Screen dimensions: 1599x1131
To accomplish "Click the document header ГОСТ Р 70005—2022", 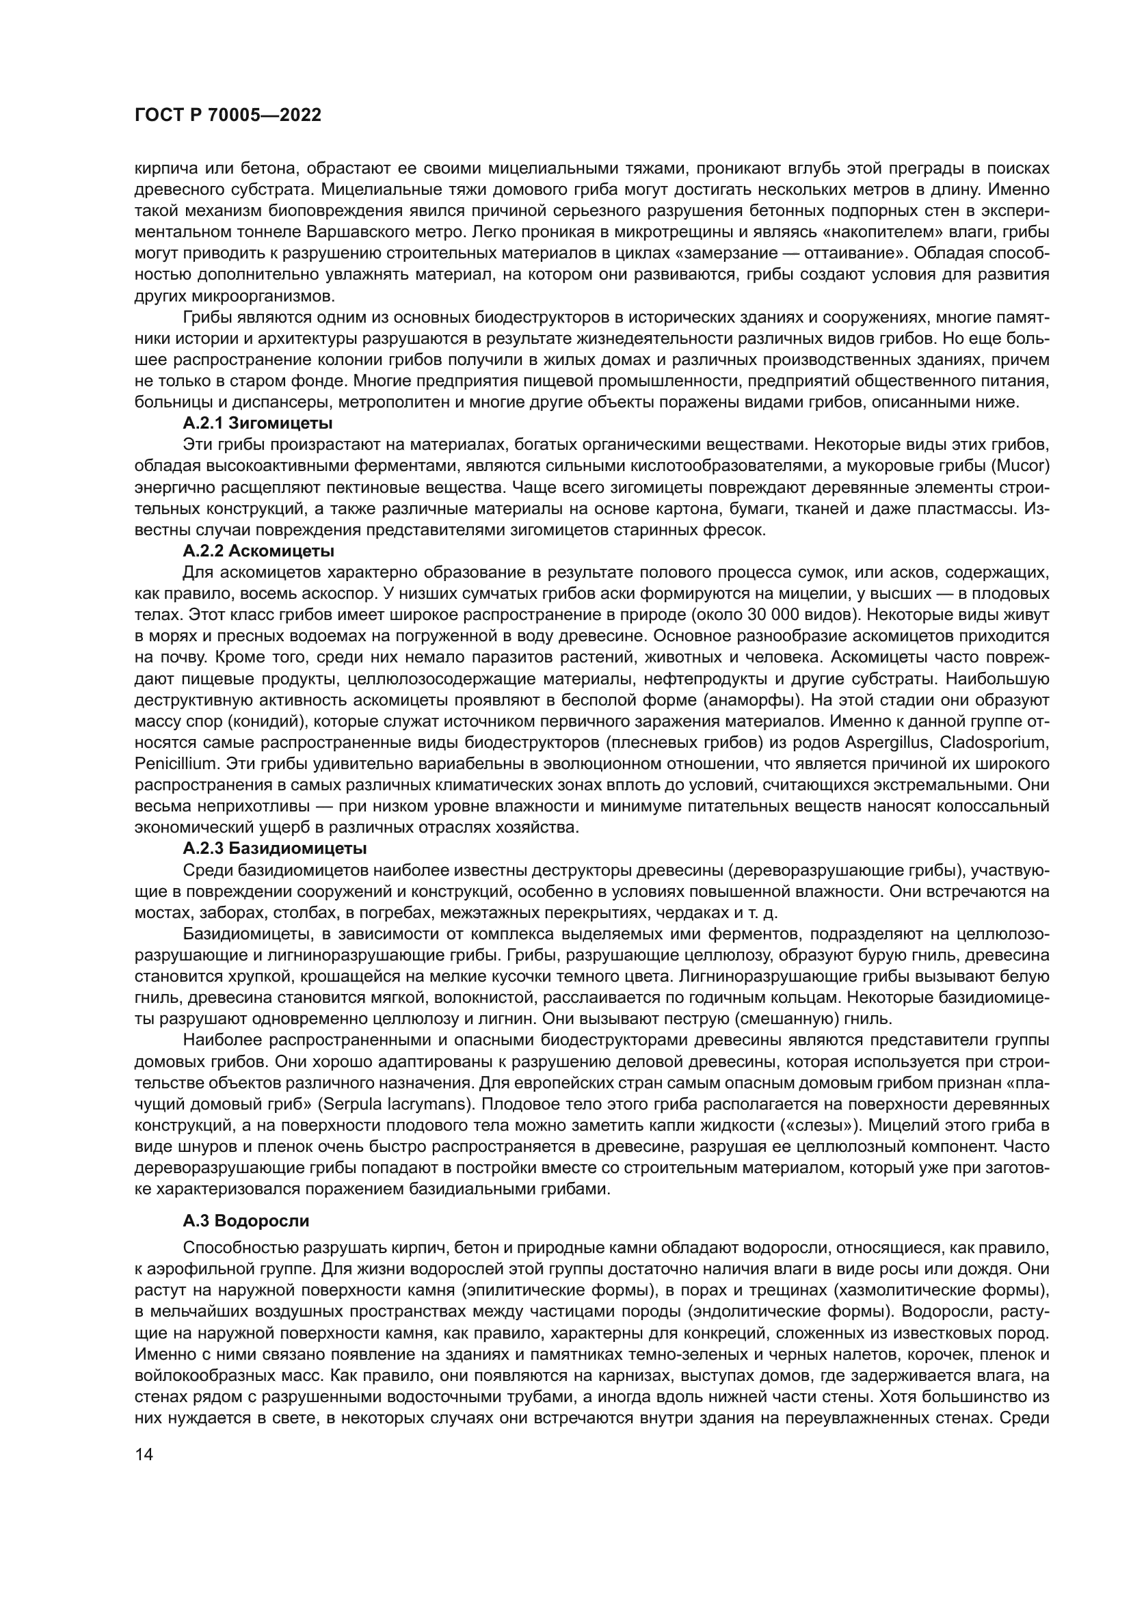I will pos(228,116).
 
